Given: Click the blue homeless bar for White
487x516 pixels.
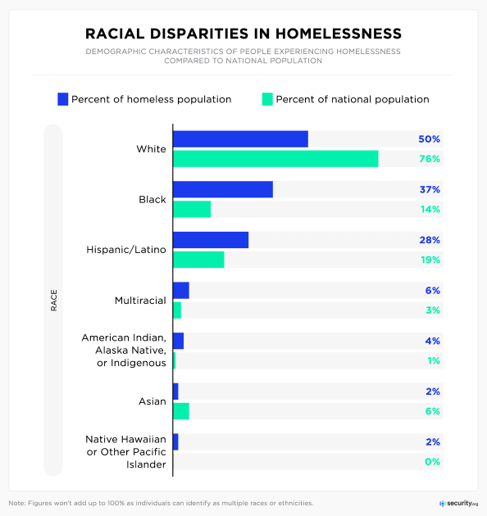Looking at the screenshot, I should click(240, 139).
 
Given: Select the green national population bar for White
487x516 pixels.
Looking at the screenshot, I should click(275, 159).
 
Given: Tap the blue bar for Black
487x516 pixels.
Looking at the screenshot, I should click(222, 189).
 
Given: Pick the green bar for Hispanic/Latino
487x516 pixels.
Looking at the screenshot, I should click(198, 260).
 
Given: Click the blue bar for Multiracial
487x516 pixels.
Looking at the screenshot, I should click(181, 291).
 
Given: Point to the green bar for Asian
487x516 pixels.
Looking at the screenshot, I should click(181, 411).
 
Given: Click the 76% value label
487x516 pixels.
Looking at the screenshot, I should click(430, 159).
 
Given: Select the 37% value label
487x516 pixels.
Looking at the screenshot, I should click(430, 189).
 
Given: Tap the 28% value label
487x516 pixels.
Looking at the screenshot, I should click(430, 240).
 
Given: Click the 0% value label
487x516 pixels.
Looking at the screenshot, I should click(433, 462).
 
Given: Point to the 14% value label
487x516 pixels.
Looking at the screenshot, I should click(430, 210).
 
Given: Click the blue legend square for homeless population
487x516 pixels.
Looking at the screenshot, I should click(62, 99).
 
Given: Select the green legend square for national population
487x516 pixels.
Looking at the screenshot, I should click(266, 99).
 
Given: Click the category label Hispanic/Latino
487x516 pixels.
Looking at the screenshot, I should click(126, 250).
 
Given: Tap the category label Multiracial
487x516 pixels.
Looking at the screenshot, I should click(140, 301).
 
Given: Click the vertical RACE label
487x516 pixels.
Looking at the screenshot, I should click(53, 301).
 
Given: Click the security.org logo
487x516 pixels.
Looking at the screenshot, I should click(458, 502).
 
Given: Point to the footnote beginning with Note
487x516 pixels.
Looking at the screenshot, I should click(161, 503).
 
